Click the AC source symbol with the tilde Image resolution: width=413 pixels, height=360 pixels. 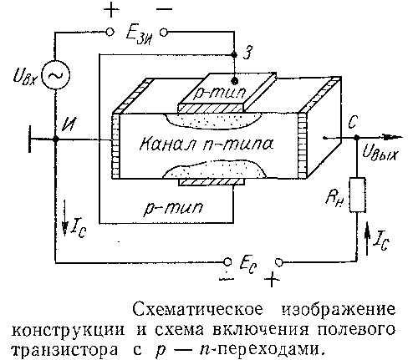click(x=55, y=75)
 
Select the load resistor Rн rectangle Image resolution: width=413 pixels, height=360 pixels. click(x=357, y=195)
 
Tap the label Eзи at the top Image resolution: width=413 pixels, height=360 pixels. click(x=140, y=35)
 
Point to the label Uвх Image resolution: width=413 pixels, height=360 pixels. click(x=25, y=76)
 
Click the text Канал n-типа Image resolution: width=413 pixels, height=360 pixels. click(x=206, y=145)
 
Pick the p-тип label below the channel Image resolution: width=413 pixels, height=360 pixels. click(x=173, y=208)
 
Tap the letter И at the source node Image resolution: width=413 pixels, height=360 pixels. click(x=68, y=124)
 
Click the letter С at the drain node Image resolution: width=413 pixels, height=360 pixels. click(x=353, y=122)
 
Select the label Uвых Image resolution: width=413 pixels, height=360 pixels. click(x=380, y=153)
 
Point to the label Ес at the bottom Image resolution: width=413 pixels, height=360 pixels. click(x=248, y=266)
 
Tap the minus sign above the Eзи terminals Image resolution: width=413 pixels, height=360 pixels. click(x=165, y=9)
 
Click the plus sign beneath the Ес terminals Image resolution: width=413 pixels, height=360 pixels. click(x=272, y=279)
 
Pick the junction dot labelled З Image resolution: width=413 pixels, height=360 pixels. click(x=234, y=54)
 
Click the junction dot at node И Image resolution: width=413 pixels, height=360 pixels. click(x=56, y=139)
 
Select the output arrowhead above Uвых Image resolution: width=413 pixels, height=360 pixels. click(x=391, y=137)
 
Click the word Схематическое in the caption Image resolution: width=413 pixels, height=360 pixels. click(x=198, y=310)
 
